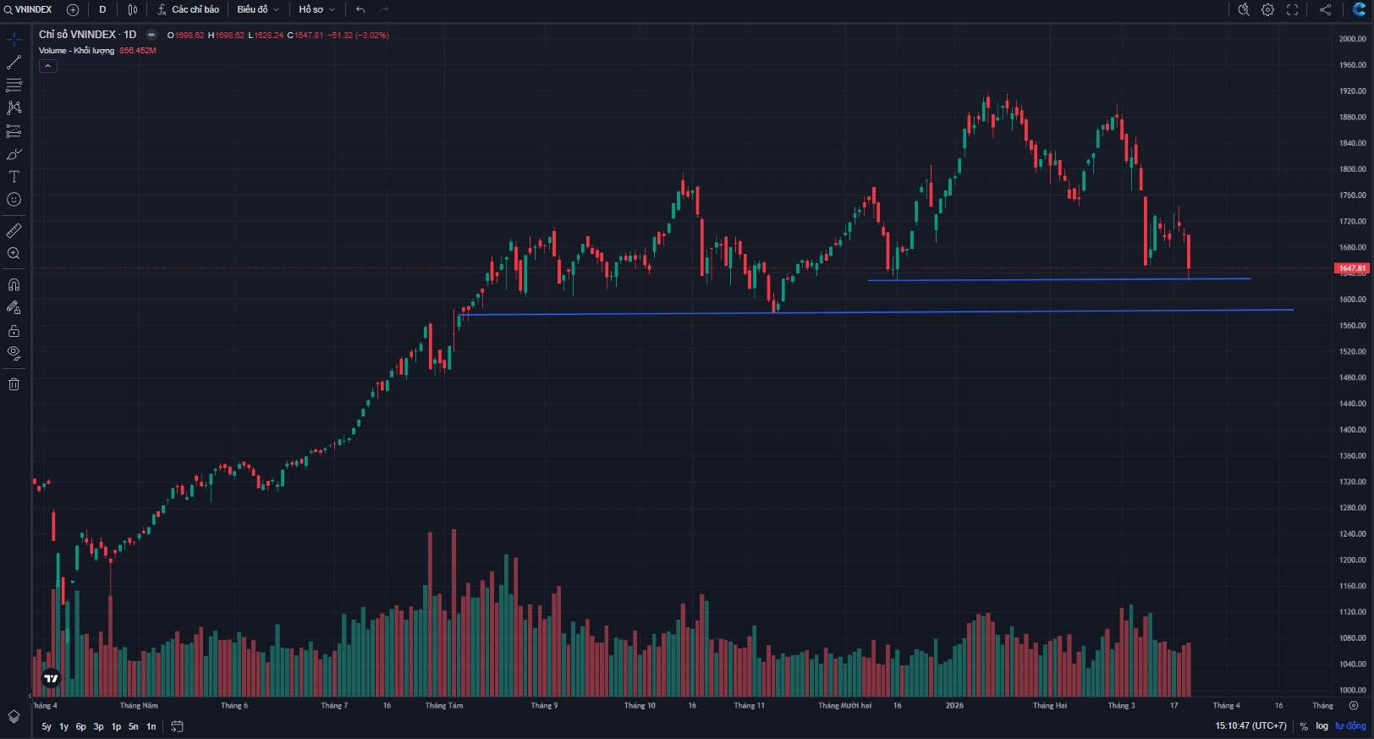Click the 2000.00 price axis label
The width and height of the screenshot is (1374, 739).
(1352, 39)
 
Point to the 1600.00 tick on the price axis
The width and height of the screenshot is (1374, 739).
(1352, 300)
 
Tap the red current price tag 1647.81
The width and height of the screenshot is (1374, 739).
(1351, 268)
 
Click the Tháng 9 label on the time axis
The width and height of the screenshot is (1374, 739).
(544, 705)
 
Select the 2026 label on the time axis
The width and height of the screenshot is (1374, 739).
(954, 705)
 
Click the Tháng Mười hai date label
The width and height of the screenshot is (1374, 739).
(844, 705)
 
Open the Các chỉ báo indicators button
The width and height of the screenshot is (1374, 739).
(189, 9)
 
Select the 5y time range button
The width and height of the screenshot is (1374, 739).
(47, 726)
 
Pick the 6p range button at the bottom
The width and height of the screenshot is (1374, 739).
(81, 726)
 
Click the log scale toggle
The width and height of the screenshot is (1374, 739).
(1322, 726)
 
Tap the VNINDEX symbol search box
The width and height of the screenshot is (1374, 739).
(29, 9)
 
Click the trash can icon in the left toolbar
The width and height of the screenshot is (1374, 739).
(14, 384)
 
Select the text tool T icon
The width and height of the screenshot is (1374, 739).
(14, 177)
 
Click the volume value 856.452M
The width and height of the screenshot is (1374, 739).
(138, 51)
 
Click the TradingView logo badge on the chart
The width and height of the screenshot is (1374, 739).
(51, 678)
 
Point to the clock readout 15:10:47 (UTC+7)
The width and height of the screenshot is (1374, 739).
(1250, 726)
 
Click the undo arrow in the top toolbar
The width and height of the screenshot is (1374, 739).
(360, 9)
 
